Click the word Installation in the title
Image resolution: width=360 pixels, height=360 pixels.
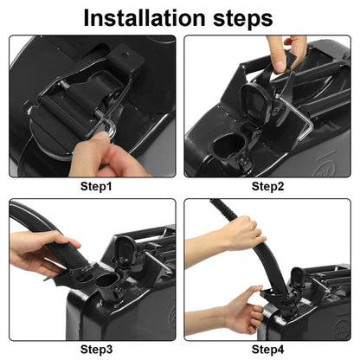pyautogui.click(x=145, y=18)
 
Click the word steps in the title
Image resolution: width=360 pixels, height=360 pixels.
pyautogui.click(x=243, y=19)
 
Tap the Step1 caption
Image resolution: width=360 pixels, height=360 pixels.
pyautogui.click(x=96, y=186)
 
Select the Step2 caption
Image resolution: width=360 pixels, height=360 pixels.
pyautogui.click(x=267, y=186)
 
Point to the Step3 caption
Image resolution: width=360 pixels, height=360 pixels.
pyautogui.click(x=96, y=350)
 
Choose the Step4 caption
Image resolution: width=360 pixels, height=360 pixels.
pyautogui.click(x=267, y=350)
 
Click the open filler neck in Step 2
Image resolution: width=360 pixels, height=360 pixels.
pyautogui.click(x=228, y=145)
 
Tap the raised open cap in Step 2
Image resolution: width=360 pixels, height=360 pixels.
pyautogui.click(x=256, y=101)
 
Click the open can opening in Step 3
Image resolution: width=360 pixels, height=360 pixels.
pyautogui.click(x=106, y=280)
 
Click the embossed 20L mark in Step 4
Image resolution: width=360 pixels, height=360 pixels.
pyautogui.click(x=342, y=326)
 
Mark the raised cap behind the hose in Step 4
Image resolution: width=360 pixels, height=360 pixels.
pyautogui.click(x=298, y=279)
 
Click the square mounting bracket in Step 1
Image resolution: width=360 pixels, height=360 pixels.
pyautogui.click(x=126, y=60)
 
